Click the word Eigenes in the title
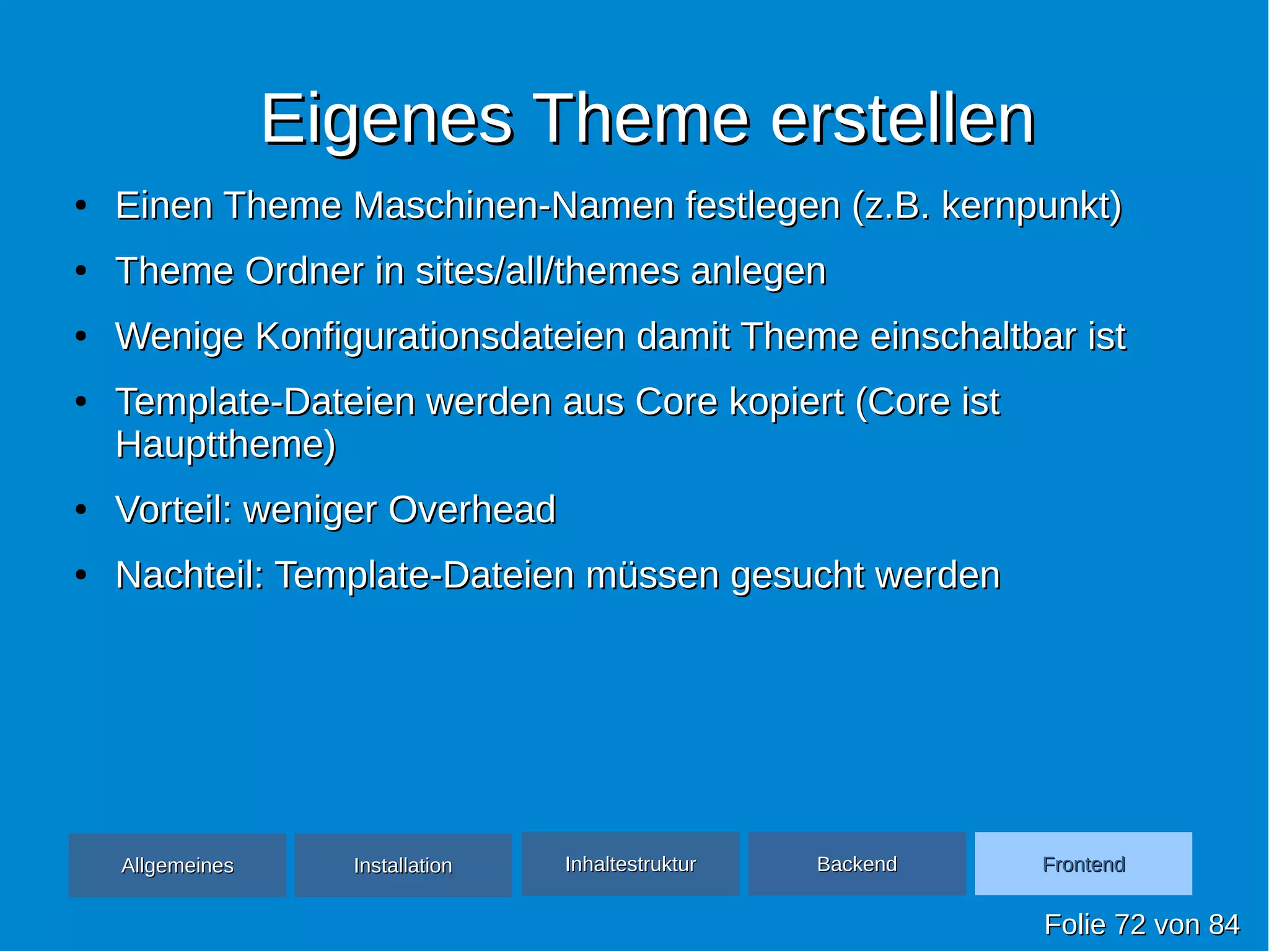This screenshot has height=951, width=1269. pos(386,119)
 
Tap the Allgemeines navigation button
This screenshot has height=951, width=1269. pos(177,865)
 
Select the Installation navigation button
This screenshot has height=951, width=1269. pos(403,865)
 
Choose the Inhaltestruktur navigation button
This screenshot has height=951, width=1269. pos(630,864)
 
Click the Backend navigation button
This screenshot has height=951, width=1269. pos(857,864)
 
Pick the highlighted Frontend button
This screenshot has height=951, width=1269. pos(1083,864)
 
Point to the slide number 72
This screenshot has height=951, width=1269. pos(1130,924)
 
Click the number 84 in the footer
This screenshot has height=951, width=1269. pos(1224,924)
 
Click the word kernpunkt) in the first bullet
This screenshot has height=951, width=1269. pos(1031,206)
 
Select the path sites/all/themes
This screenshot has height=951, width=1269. pos(547,271)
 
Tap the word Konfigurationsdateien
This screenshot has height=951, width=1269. pos(440,336)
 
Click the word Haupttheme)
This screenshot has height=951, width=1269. pos(226,445)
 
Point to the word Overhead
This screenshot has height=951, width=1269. pos(472,510)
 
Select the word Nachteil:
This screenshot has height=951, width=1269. pos(190,575)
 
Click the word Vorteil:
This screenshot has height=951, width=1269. pos(173,510)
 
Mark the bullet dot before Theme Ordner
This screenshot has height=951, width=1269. pos(81,271)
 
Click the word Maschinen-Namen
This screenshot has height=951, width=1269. pos(513,206)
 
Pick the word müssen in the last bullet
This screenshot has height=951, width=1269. pos(652,575)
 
